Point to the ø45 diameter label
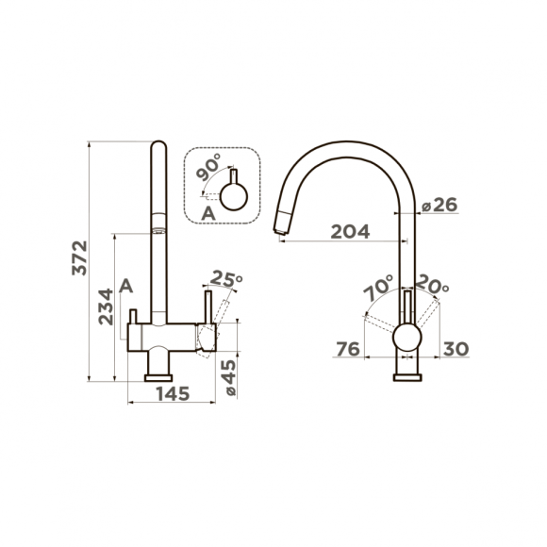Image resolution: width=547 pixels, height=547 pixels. [228, 376]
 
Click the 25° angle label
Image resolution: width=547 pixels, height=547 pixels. [227, 279]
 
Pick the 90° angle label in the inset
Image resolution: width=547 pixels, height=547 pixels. [209, 171]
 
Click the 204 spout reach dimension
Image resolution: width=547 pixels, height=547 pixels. [349, 231]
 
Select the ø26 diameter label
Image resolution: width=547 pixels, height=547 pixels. [439, 206]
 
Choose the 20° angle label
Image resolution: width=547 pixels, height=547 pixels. [433, 284]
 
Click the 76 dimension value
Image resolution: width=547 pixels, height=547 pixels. [348, 349]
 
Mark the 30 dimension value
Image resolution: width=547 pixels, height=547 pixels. [455, 349]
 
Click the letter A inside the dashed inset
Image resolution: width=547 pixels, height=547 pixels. [208, 214]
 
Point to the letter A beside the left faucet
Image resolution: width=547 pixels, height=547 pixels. [127, 286]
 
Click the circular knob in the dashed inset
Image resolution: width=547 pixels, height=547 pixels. [233, 196]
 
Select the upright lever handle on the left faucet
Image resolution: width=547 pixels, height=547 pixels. [203, 308]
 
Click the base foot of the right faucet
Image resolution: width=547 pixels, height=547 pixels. [406, 375]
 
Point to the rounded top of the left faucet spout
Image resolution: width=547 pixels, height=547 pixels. [158, 148]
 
